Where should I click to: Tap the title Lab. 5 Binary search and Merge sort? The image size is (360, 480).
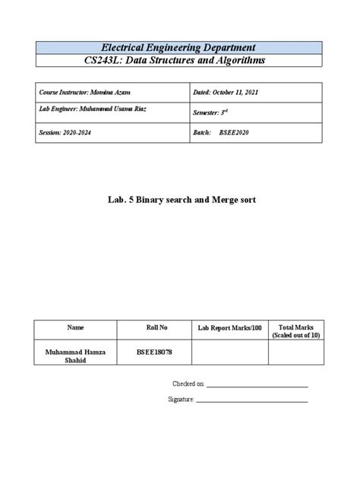[x=180, y=201]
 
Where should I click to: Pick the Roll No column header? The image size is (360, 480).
[x=156, y=327]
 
